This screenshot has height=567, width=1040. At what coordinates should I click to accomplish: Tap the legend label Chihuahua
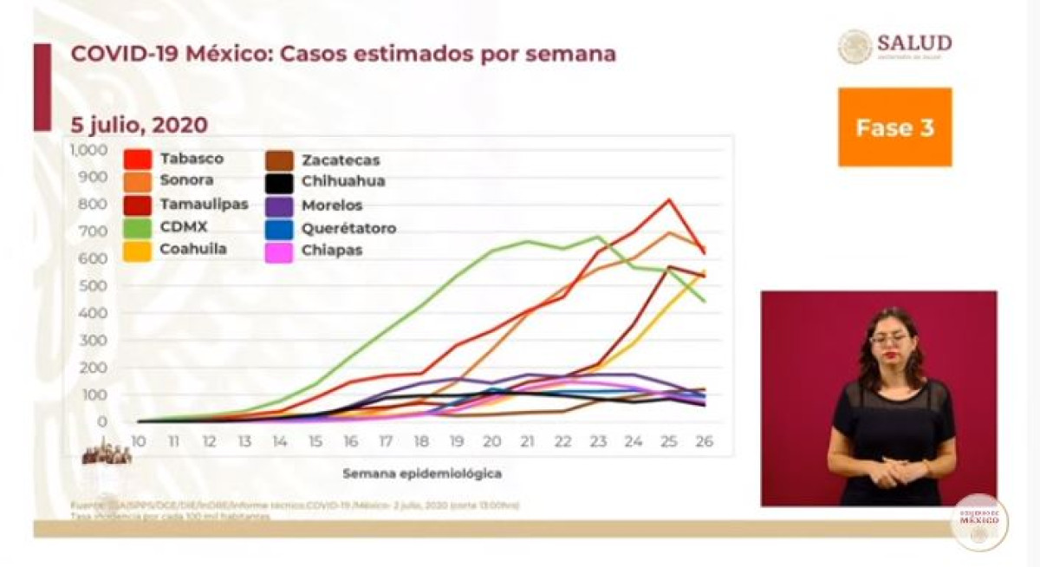point(343,182)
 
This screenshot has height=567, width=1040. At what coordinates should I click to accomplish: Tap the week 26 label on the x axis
point(704,441)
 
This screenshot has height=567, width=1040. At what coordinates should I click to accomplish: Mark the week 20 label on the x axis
point(491,441)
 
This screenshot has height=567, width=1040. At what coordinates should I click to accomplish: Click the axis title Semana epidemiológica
point(421,474)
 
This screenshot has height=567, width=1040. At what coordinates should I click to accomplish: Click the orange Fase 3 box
point(894,127)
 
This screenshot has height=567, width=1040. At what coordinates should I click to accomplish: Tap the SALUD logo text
point(913,43)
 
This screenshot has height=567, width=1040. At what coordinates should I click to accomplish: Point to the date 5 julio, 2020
point(139,125)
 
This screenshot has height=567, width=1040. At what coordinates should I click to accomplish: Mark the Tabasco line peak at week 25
point(668,200)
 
